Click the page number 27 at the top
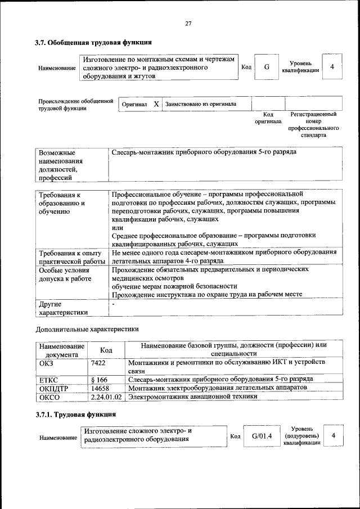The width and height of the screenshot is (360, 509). (188, 23)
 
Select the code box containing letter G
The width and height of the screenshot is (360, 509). (267, 67)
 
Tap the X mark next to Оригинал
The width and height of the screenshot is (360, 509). (156, 104)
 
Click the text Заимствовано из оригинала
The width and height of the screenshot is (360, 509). (201, 104)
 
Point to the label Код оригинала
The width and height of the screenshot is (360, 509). (268, 118)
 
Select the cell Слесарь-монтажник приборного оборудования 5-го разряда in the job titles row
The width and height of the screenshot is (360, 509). (204, 152)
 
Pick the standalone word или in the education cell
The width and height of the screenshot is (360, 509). (118, 227)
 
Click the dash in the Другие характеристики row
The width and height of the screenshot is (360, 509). (113, 304)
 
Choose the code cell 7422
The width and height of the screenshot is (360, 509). (98, 363)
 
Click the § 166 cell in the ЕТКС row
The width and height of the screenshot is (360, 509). (100, 380)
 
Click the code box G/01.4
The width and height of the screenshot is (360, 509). (262, 436)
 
